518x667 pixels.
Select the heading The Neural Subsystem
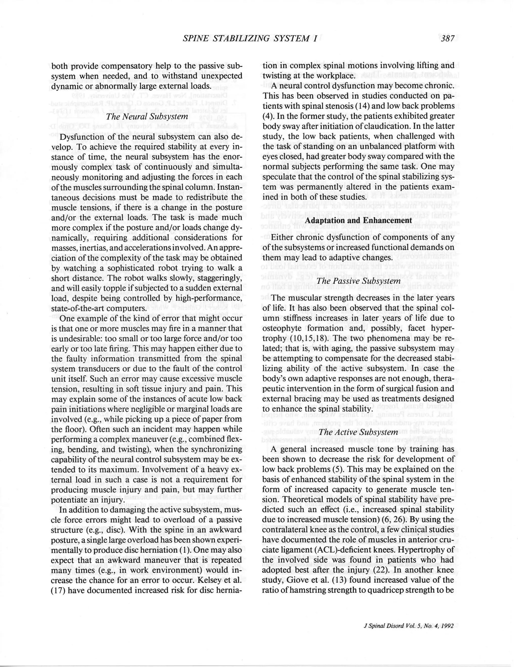[x=147, y=117]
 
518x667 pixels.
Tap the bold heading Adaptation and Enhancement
[x=358, y=220]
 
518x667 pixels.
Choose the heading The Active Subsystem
[x=358, y=432]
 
